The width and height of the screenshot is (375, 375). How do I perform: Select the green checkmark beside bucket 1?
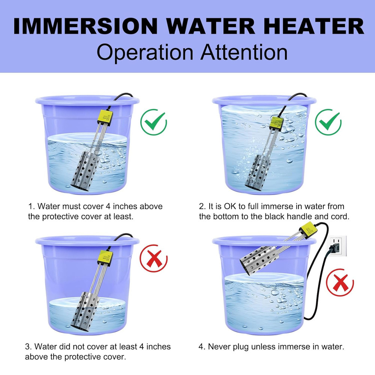coord(154,122)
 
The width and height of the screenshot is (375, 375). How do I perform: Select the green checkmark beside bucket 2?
coord(328,122)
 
